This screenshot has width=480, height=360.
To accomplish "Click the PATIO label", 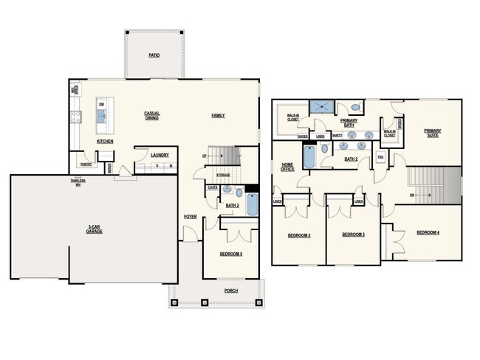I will (x=154, y=55).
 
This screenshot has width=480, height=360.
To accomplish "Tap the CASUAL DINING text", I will (x=152, y=115).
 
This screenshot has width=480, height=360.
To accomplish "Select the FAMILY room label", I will (x=218, y=115).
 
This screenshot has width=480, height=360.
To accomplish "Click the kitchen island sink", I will (x=101, y=114).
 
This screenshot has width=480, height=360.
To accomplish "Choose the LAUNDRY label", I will (x=160, y=155).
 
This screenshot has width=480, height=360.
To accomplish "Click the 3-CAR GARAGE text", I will (x=94, y=229).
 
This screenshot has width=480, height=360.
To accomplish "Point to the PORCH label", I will (x=231, y=290).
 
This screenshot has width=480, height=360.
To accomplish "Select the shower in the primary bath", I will (x=320, y=108).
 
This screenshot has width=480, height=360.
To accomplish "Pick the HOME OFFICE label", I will (x=288, y=167).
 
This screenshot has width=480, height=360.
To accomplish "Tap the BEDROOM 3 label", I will (x=354, y=235).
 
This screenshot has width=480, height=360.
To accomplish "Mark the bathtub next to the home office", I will (x=309, y=156).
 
